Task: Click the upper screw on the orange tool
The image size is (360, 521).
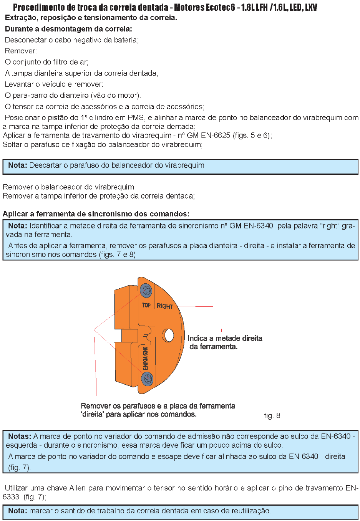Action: click(x=146, y=290)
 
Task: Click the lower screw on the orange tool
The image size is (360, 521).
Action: click(x=147, y=379)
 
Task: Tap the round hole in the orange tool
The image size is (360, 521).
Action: click(x=168, y=335)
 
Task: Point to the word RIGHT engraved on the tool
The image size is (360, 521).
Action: click(x=164, y=306)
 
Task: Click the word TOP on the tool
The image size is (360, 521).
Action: click(x=146, y=305)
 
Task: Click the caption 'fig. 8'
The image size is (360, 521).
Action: click(x=272, y=415)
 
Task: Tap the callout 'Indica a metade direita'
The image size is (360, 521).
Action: click(x=225, y=338)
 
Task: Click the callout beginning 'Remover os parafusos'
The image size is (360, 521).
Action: click(x=158, y=406)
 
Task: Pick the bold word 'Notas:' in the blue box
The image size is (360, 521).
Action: click(x=20, y=436)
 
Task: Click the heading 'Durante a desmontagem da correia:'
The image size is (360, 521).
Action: click(x=68, y=29)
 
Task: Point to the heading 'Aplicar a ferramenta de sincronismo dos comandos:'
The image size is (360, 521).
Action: click(x=96, y=214)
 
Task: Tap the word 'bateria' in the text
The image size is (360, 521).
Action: click(x=126, y=40)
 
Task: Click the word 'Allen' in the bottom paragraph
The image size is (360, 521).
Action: click(x=78, y=488)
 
